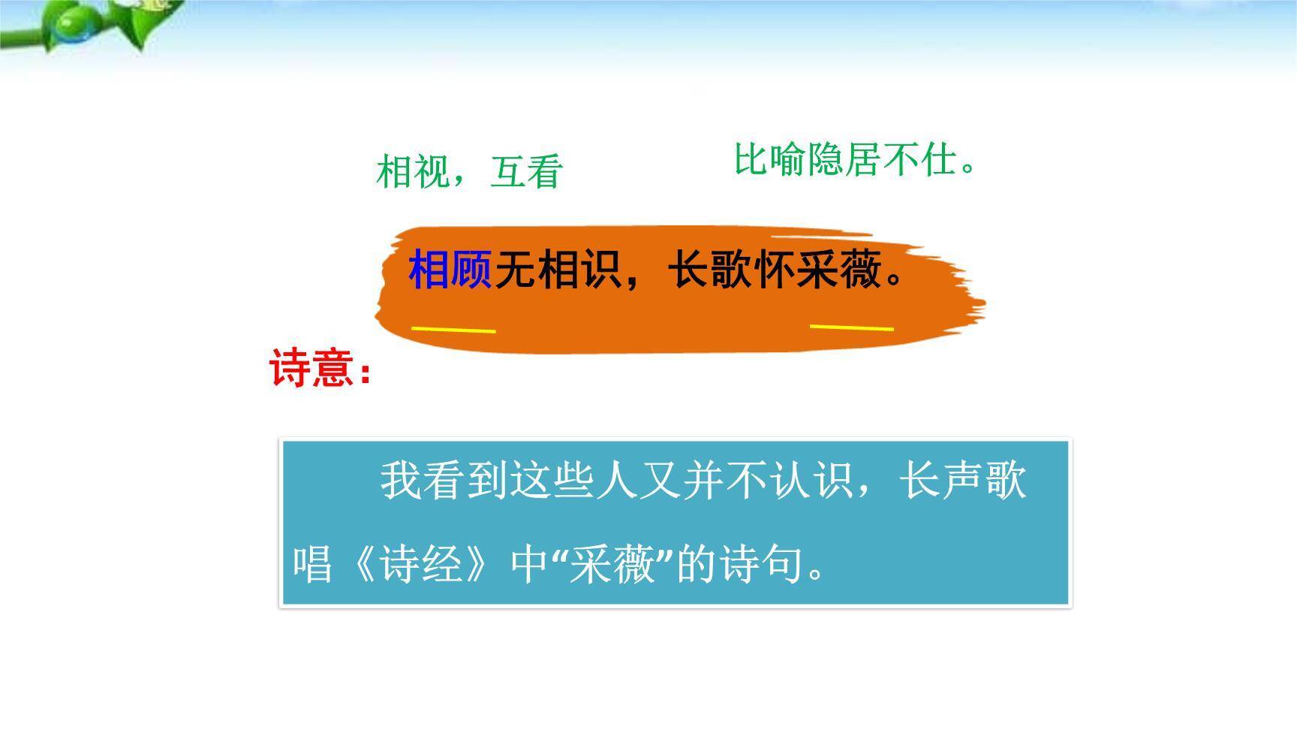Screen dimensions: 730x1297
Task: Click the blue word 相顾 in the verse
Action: point(450,270)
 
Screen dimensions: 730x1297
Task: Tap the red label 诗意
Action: point(311,369)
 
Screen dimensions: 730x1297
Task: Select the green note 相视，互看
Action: point(469,172)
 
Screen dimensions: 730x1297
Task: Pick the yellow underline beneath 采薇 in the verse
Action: point(852,327)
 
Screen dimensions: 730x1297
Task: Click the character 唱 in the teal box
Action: point(312,563)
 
